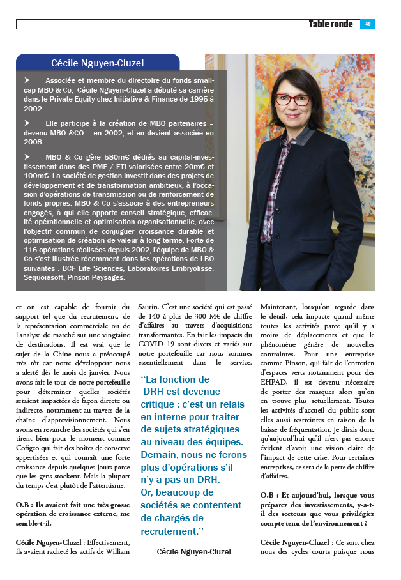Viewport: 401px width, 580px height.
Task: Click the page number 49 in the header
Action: tap(367, 24)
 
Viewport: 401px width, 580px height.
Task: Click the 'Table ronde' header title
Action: tap(330, 24)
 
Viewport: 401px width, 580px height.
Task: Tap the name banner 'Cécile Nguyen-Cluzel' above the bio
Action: tap(98, 63)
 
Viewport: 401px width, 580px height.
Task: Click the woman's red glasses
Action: tap(293, 100)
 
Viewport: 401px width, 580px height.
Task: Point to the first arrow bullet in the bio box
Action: tap(27, 81)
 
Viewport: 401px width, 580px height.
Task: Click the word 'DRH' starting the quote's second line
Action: tap(154, 391)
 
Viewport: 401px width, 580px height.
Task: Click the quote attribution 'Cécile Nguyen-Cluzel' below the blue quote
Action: tap(193, 551)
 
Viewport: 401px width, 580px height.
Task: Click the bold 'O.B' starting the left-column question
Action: tap(24, 505)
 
